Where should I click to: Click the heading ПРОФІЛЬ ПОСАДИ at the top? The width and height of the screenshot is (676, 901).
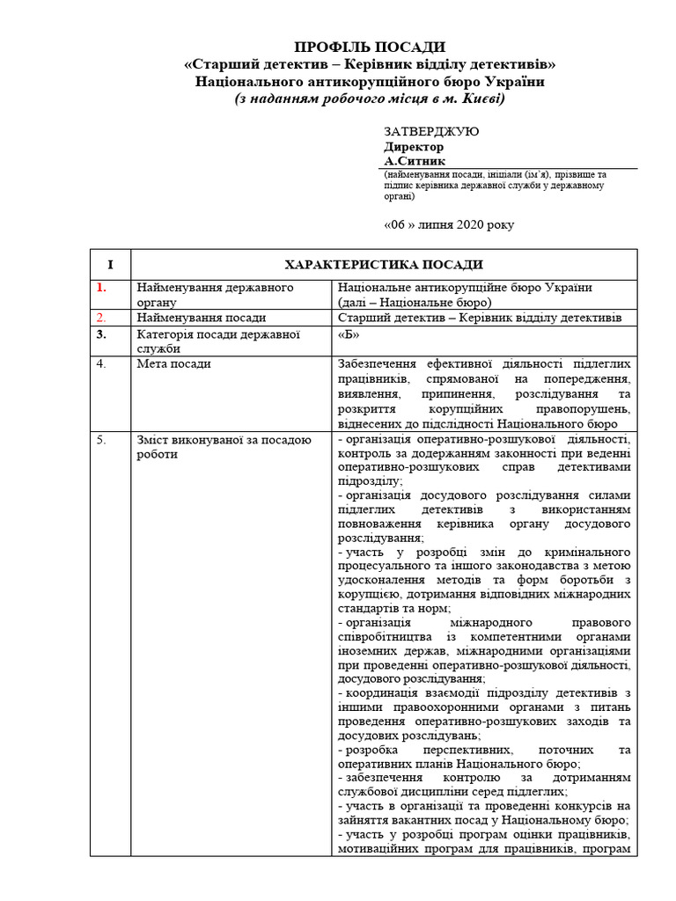coord(370,47)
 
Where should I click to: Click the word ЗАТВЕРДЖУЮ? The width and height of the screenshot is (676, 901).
coord(431,131)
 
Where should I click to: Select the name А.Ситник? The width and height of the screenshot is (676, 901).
coord(415,161)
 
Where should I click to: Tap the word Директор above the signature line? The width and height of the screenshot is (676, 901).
coord(414,146)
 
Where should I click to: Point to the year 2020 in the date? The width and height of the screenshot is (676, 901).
coord(470,224)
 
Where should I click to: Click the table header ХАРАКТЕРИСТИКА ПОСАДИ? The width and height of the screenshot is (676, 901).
coord(383,265)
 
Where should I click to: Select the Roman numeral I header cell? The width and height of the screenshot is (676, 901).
coord(110,265)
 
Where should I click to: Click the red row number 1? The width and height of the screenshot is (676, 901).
coord(101,288)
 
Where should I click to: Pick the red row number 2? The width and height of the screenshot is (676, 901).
coord(101,318)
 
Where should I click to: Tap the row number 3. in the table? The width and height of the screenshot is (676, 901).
coord(102,334)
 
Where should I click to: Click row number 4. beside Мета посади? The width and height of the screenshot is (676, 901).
coord(102,364)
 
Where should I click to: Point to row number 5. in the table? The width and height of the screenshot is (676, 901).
coord(102,439)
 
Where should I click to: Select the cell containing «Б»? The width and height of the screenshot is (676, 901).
coord(349,334)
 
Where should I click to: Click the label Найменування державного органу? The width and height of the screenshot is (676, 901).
coord(214,295)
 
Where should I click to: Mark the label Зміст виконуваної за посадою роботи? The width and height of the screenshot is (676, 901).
coord(224,446)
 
